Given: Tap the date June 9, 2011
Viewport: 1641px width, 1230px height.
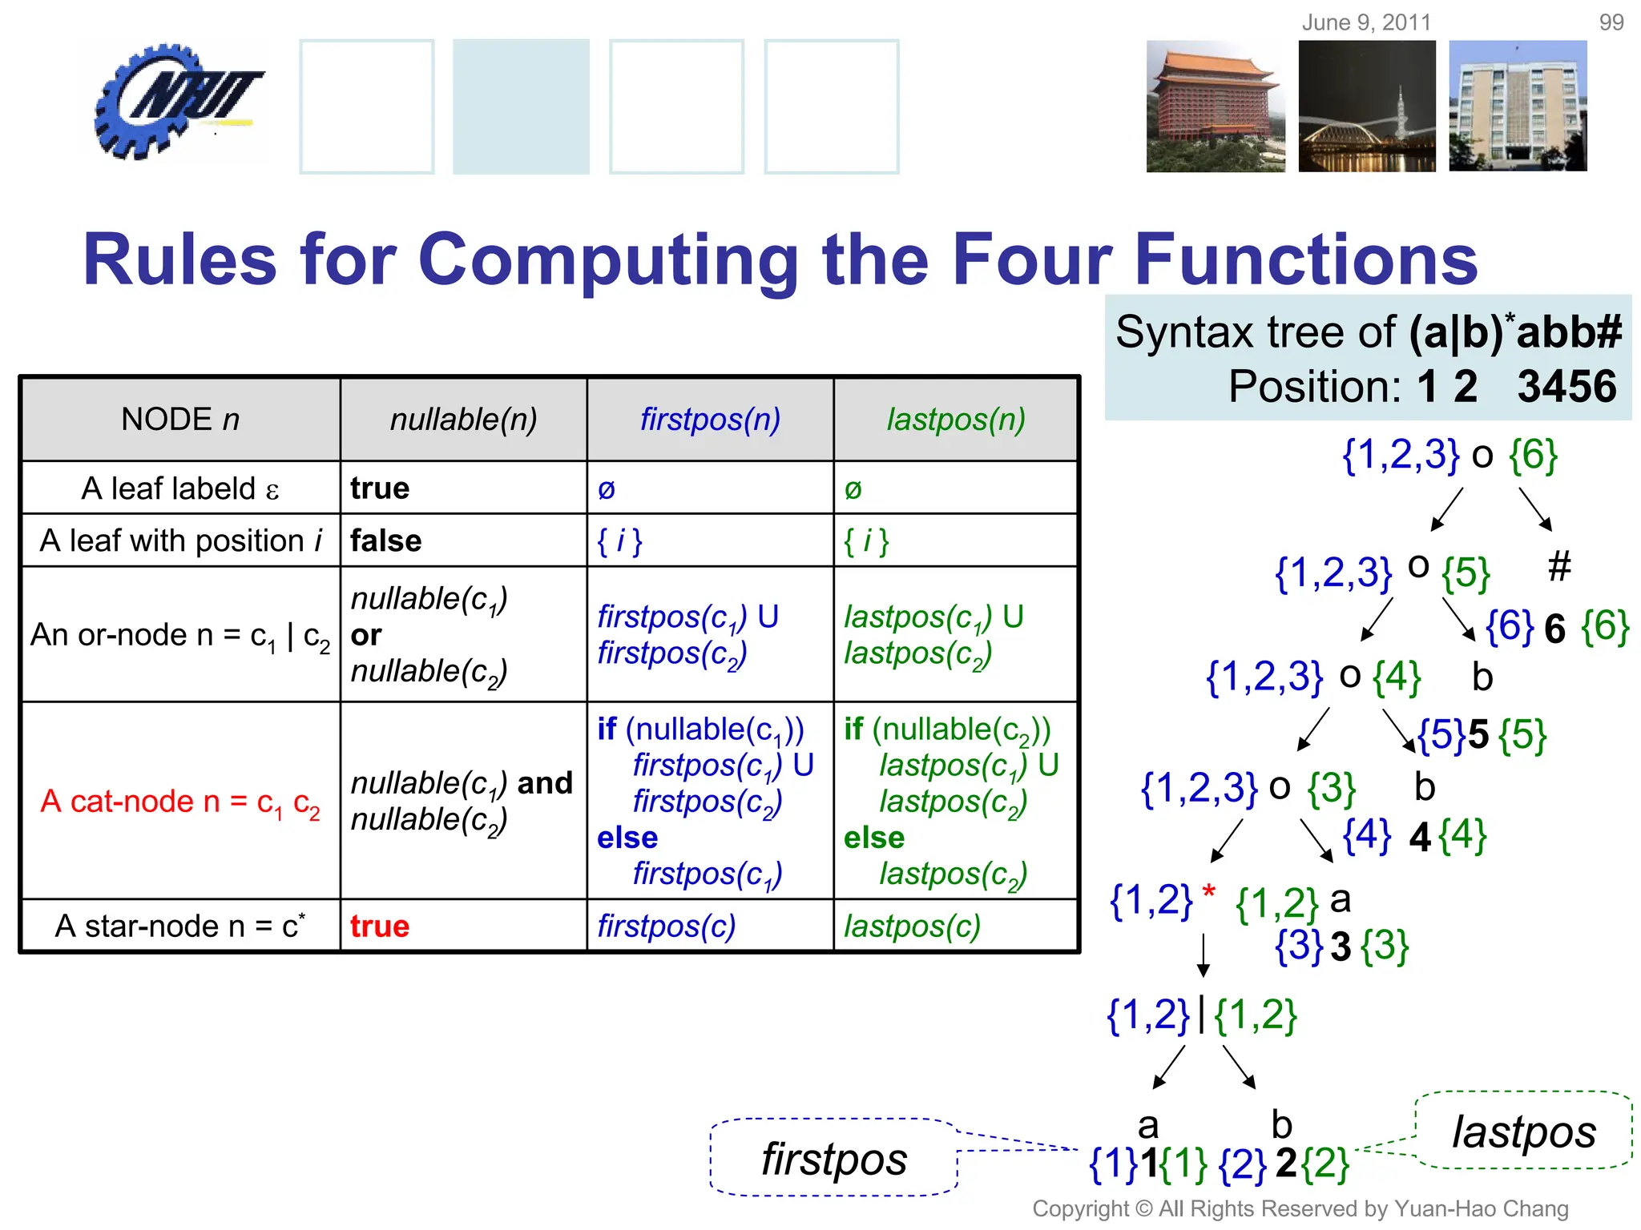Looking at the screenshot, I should (1365, 22).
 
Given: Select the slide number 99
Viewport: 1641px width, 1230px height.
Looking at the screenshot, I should (1611, 22).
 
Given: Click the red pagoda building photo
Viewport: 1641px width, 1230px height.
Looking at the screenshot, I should (1215, 107).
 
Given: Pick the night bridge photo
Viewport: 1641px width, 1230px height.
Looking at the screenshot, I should (1366, 107).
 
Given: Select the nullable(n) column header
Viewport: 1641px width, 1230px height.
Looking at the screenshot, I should (463, 420).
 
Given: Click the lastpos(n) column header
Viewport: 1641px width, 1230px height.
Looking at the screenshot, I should (955, 420).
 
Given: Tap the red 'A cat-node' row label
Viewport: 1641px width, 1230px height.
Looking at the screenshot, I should (180, 802).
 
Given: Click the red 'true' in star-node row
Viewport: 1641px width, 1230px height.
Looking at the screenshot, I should (380, 927).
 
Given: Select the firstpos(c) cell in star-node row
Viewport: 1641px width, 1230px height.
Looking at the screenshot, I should (666, 927).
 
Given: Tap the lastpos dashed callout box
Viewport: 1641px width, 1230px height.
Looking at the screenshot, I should (1523, 1132).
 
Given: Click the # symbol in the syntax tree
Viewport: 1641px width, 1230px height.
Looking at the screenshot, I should (1558, 566).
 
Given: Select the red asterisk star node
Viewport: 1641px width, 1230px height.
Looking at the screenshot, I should (1209, 891).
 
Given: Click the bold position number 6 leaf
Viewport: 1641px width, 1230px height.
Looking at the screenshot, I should (1554, 629).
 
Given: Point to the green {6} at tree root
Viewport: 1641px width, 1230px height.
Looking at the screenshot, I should (1533, 455).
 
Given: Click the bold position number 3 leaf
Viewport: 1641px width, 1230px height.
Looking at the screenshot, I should (1341, 947).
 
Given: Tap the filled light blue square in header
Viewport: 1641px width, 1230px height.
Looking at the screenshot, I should (521, 107).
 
